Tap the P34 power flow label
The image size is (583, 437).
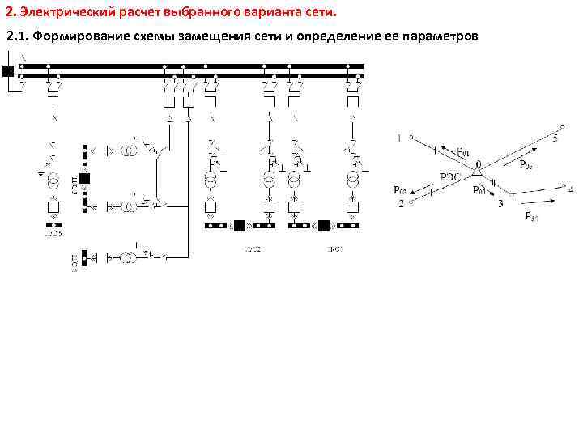531,215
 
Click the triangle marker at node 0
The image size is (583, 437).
478,172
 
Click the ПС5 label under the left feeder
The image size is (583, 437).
53,235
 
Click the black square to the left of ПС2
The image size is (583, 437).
240,226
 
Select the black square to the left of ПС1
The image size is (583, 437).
323,226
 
